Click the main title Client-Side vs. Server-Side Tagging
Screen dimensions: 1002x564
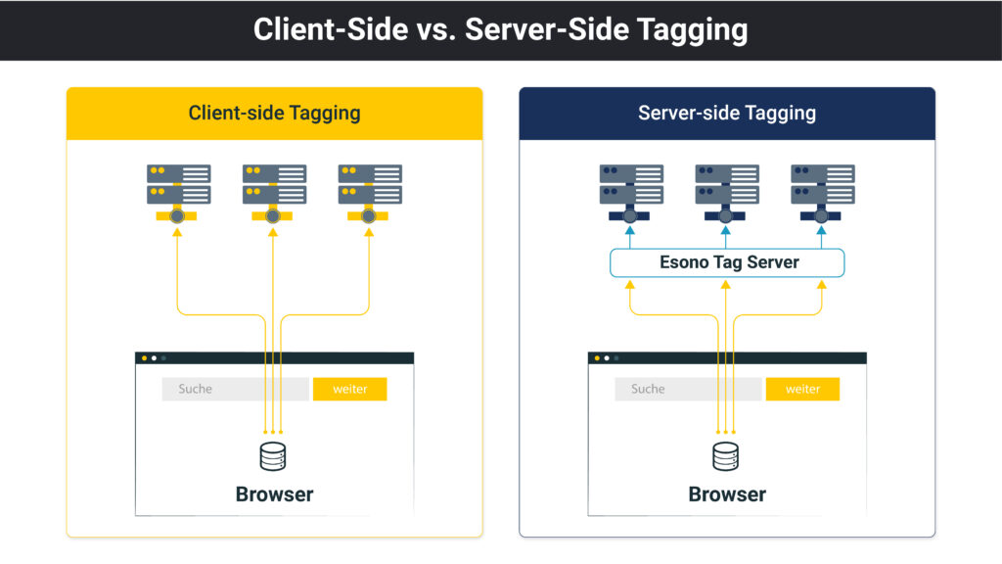(x=500, y=29)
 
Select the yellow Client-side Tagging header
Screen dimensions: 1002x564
(x=274, y=114)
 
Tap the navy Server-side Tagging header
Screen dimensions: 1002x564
(x=727, y=114)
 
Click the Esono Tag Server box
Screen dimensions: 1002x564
(x=727, y=262)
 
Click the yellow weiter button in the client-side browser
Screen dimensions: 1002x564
(x=349, y=389)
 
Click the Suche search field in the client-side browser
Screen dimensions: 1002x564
(x=235, y=389)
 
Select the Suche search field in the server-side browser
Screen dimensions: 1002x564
(x=688, y=389)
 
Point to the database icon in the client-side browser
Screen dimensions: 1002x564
(x=273, y=456)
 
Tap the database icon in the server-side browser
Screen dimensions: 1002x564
(x=725, y=456)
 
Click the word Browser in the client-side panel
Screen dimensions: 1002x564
(x=274, y=494)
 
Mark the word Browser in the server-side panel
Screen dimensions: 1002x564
(x=727, y=494)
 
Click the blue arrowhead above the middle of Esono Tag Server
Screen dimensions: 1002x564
(x=725, y=231)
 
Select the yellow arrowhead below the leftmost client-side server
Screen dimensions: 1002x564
(x=177, y=233)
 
